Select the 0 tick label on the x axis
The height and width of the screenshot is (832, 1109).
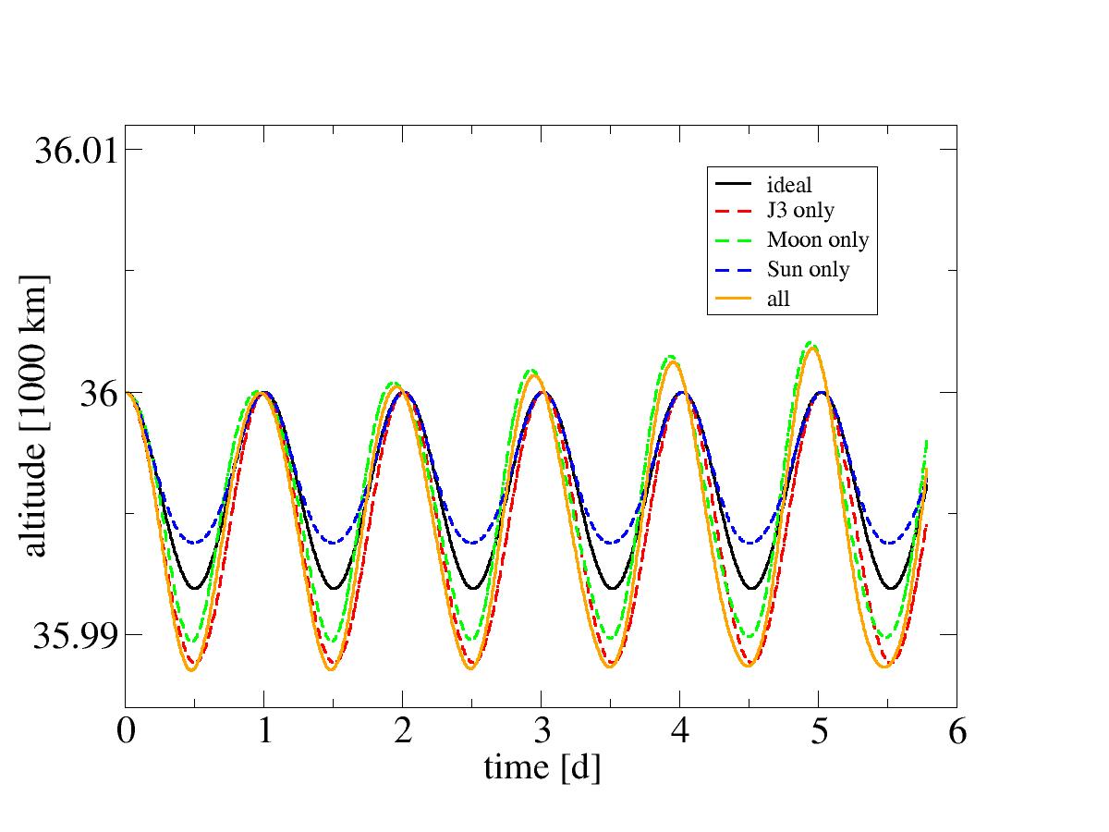coord(126,732)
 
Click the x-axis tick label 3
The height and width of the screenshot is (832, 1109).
coord(542,732)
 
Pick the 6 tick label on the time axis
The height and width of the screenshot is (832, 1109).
coord(957,732)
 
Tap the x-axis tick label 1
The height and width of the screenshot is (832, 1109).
coord(264,732)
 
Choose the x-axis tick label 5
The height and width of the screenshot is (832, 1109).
coord(818,732)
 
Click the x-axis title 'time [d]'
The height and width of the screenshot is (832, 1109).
coord(542,766)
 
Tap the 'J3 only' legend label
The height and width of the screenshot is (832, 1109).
coord(800,211)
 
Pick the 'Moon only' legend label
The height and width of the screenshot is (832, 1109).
coord(818,240)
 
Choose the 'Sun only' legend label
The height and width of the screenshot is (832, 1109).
coord(808,270)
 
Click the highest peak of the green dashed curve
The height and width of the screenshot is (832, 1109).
coord(810,342)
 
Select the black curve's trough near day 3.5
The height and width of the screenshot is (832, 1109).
coord(612,588)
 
